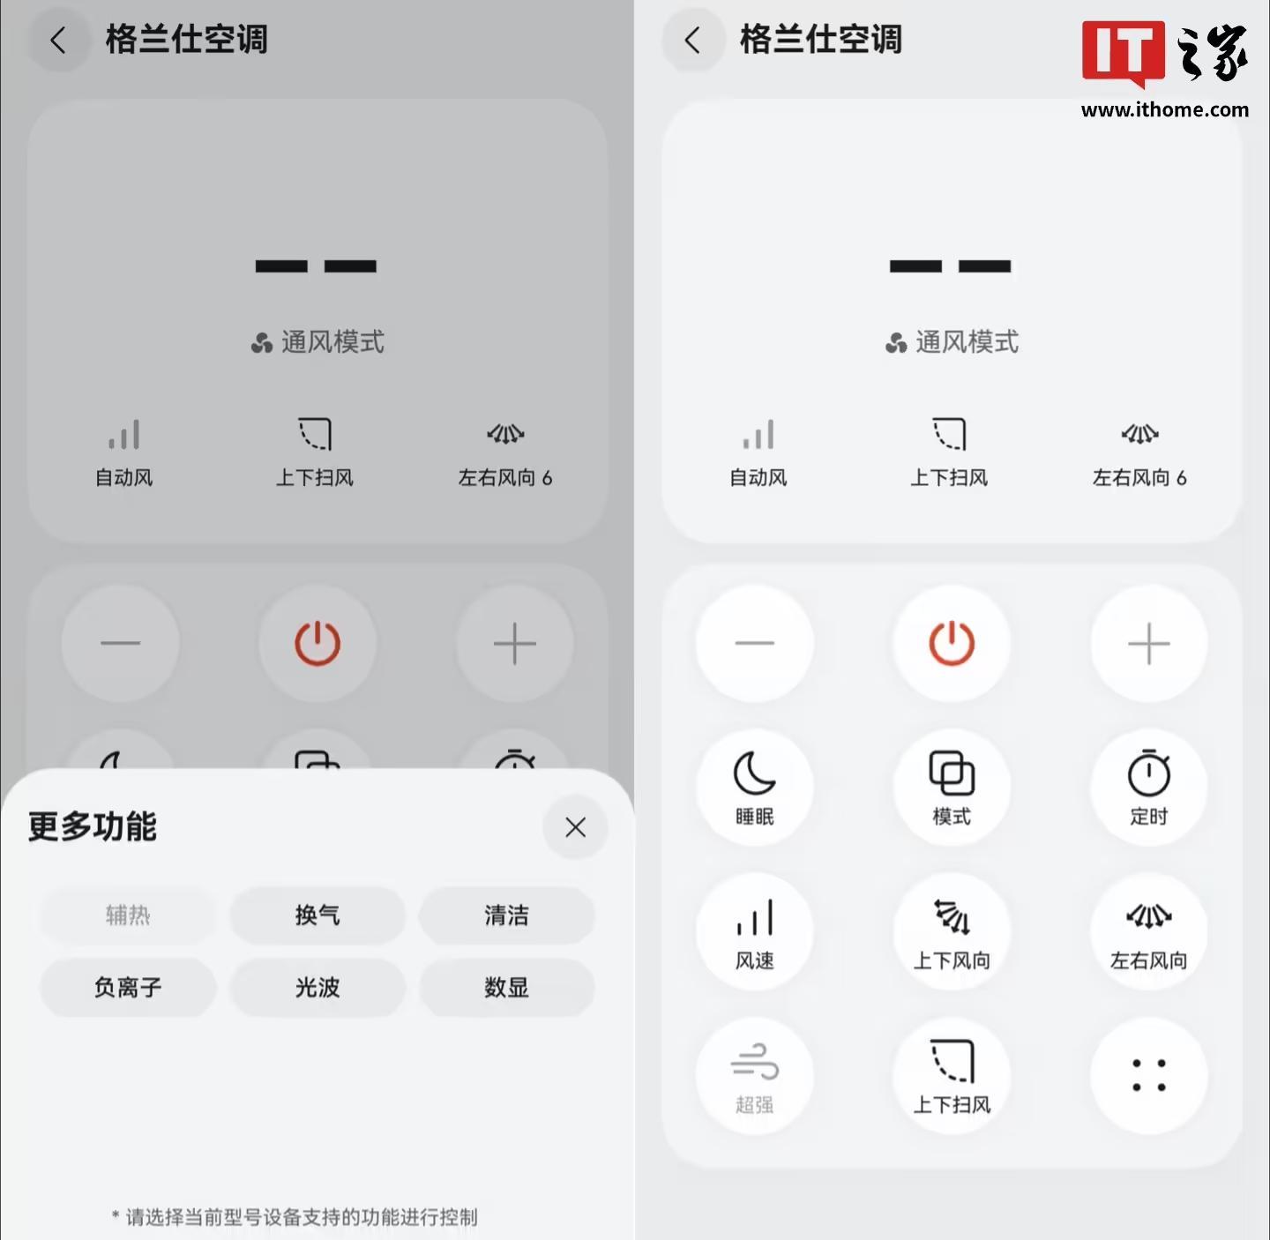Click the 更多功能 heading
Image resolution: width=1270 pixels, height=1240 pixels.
[92, 826]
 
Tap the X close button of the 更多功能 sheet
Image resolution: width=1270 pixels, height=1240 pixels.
[575, 827]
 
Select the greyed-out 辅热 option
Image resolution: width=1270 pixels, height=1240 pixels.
[128, 915]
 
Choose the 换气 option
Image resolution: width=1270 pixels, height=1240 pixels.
[317, 915]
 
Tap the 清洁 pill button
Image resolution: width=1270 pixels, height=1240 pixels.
[506, 915]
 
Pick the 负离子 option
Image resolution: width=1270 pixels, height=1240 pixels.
[128, 987]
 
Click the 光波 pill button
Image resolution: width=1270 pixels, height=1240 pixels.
[317, 987]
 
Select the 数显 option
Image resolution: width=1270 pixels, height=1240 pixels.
[506, 987]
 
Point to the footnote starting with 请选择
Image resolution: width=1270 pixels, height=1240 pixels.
[295, 1216]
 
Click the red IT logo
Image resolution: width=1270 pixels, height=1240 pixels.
[1124, 52]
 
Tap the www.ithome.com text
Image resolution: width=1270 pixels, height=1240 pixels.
[1165, 109]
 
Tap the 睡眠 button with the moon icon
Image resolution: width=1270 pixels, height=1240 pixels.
[754, 787]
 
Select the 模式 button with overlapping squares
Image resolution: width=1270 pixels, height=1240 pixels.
[952, 787]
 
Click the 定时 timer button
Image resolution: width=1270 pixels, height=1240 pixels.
[1148, 787]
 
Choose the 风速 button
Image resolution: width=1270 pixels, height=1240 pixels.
[754, 931]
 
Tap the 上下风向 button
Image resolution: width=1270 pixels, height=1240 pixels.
[952, 931]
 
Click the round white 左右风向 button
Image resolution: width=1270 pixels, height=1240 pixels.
[1148, 931]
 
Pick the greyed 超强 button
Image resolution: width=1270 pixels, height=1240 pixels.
[754, 1076]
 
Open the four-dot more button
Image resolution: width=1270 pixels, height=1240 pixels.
[1148, 1076]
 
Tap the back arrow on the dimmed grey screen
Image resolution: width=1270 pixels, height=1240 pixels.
[59, 40]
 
